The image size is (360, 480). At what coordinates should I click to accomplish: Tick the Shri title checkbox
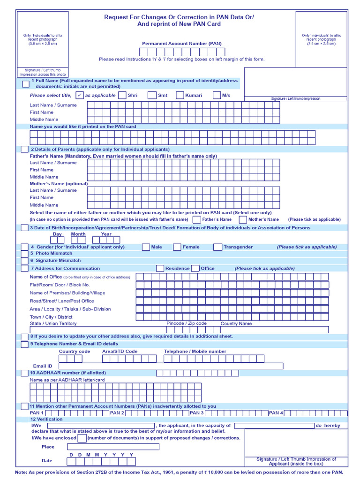pos(122,95)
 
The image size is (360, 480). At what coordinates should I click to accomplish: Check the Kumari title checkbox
pos(180,95)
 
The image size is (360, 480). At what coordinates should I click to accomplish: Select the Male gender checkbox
pos(146,247)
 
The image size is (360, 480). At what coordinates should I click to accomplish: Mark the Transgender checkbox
pos(218,247)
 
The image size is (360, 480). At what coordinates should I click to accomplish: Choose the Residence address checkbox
pos(160,269)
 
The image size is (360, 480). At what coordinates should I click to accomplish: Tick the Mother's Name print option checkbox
pos(243,219)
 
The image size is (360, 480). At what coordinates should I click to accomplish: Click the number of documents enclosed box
pos(82,438)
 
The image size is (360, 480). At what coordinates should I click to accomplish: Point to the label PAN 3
pos(196,413)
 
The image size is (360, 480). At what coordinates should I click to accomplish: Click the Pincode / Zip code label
pos(187,323)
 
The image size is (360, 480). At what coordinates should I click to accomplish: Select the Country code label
pos(75,351)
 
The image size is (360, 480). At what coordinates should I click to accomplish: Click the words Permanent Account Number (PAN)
pos(182,44)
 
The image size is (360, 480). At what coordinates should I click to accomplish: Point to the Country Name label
pos(236,323)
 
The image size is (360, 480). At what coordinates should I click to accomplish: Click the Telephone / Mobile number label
pos(195,351)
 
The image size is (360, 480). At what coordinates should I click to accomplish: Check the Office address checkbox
pos(195,269)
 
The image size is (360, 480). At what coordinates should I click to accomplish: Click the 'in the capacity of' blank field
pos(274,426)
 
